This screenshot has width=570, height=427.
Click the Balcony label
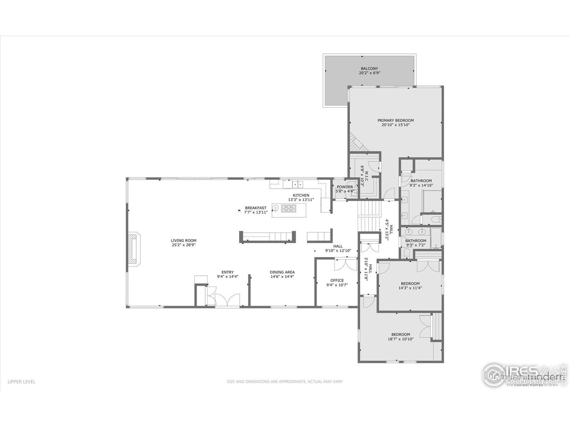pos(369,68)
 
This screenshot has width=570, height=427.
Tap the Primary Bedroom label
pos(395,120)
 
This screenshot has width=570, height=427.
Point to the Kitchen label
pos(301,195)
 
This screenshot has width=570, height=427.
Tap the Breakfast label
pos(256,208)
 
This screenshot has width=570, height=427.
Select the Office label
pos(337,280)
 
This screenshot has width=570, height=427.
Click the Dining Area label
pos(282,272)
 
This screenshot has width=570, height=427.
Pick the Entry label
pos(228,272)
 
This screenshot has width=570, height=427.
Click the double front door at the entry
pos(227,301)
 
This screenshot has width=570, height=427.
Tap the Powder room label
pos(345,187)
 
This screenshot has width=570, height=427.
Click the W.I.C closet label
pos(363,169)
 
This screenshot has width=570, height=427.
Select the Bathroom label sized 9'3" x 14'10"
pos(421,181)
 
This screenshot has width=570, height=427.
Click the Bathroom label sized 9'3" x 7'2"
pos(415,241)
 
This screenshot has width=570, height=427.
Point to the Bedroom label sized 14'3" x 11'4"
pos(410,283)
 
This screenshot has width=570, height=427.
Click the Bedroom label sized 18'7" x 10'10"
pos(400,334)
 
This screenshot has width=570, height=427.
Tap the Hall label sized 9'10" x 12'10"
pos(338,246)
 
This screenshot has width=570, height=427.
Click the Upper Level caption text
pos(21,381)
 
